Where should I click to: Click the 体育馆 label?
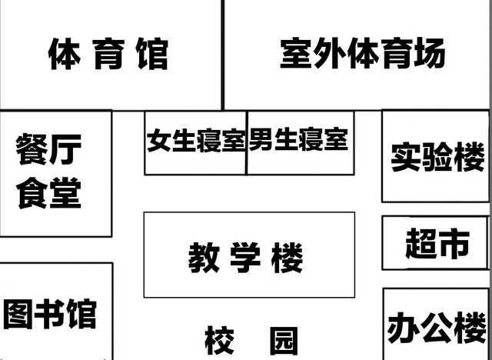click(x=108, y=55)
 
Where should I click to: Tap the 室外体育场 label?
click(x=362, y=54)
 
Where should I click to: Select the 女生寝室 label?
click(x=196, y=142)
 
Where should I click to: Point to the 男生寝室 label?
click(x=298, y=140)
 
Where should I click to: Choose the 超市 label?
click(x=437, y=244)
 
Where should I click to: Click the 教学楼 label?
click(x=245, y=258)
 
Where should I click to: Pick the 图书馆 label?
click(x=50, y=314)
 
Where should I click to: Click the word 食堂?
click(x=48, y=192)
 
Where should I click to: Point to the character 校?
click(x=219, y=341)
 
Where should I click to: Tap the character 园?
click(x=284, y=341)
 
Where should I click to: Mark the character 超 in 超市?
click(x=421, y=244)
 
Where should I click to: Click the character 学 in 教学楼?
click(x=246, y=258)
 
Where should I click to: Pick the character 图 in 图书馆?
click(x=18, y=314)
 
